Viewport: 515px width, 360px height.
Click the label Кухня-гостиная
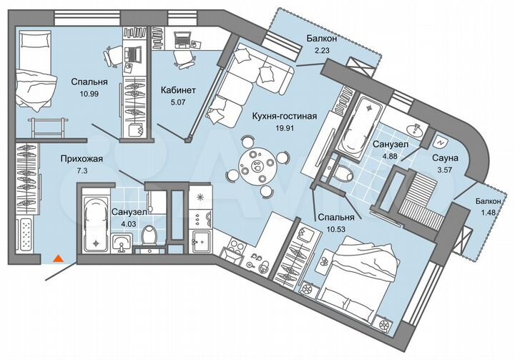tap(285, 115)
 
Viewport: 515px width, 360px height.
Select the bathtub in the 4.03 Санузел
tap(94, 223)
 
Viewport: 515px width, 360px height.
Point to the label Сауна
tap(444, 157)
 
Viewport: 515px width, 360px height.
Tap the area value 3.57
tap(444, 171)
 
